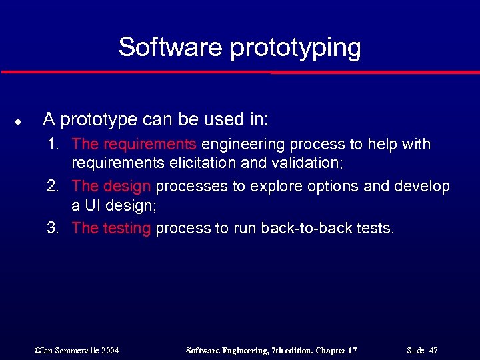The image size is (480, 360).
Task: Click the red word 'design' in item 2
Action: click(127, 187)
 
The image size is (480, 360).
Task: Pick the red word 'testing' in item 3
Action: click(127, 229)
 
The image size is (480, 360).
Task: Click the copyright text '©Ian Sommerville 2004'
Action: click(76, 351)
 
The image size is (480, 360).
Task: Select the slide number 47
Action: click(433, 351)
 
